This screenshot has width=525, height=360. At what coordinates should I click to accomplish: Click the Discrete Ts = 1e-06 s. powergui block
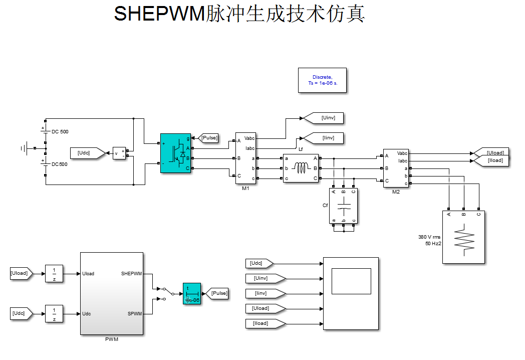(x=322, y=80)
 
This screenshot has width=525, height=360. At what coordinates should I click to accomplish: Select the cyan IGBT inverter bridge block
(x=175, y=153)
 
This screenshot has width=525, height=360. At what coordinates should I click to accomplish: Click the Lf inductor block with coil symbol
(x=301, y=168)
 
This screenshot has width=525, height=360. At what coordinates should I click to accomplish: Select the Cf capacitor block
(x=343, y=206)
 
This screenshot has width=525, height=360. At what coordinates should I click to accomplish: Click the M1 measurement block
(x=245, y=158)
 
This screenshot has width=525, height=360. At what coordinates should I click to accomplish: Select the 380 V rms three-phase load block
(x=463, y=237)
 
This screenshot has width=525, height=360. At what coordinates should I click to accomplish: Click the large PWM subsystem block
(x=111, y=293)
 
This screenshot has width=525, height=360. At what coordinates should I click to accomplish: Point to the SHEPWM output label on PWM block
(x=131, y=274)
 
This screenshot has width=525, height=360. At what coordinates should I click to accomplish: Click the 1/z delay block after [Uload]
(x=54, y=273)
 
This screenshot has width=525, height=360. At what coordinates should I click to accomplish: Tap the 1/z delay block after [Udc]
(x=54, y=313)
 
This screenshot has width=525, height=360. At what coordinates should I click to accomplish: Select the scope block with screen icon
(x=351, y=293)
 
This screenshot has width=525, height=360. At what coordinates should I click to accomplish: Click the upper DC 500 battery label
(x=60, y=132)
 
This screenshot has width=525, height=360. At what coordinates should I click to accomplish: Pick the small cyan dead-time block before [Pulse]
(x=191, y=294)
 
